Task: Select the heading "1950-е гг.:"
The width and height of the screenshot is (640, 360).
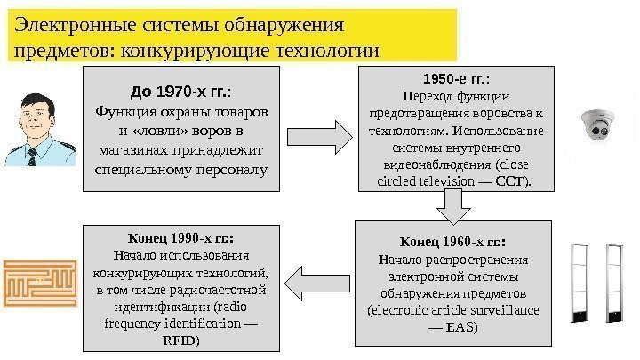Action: [x=455, y=77]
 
